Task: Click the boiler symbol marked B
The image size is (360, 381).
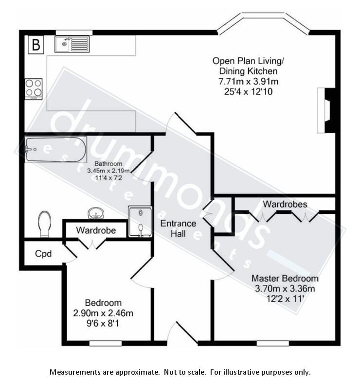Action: click(x=36, y=45)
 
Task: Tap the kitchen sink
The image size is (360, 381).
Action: click(x=72, y=45)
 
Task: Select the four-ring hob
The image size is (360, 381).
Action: click(x=34, y=88)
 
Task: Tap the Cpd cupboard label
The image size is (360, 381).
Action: click(x=43, y=253)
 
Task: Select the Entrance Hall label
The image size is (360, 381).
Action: click(x=179, y=228)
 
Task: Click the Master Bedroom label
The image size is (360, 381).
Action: click(x=285, y=278)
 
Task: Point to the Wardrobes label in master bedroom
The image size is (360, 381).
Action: click(x=285, y=204)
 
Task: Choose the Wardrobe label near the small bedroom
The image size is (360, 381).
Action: click(x=96, y=230)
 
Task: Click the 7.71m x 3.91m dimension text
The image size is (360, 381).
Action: click(x=248, y=81)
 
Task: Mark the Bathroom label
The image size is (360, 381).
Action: click(x=108, y=164)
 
